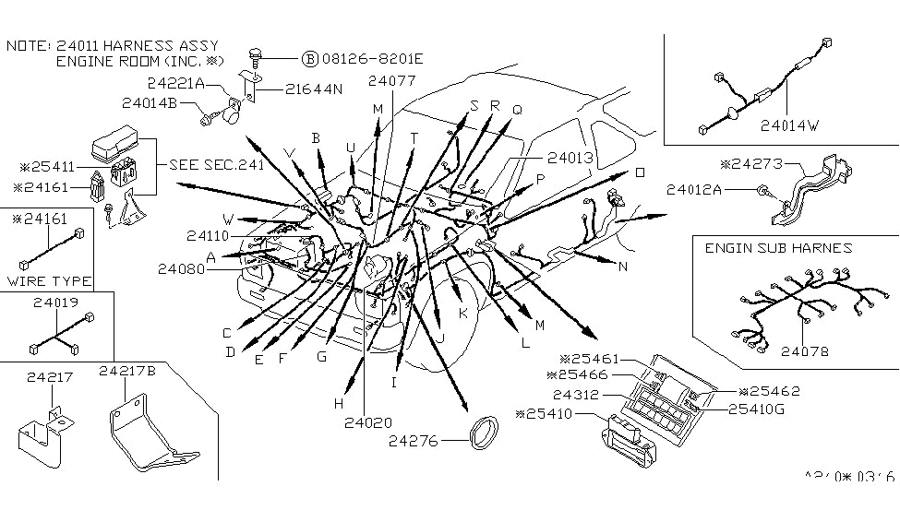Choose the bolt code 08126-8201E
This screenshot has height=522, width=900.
pyautogui.click(x=372, y=59)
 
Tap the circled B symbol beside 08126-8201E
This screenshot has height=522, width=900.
pyautogui.click(x=309, y=59)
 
